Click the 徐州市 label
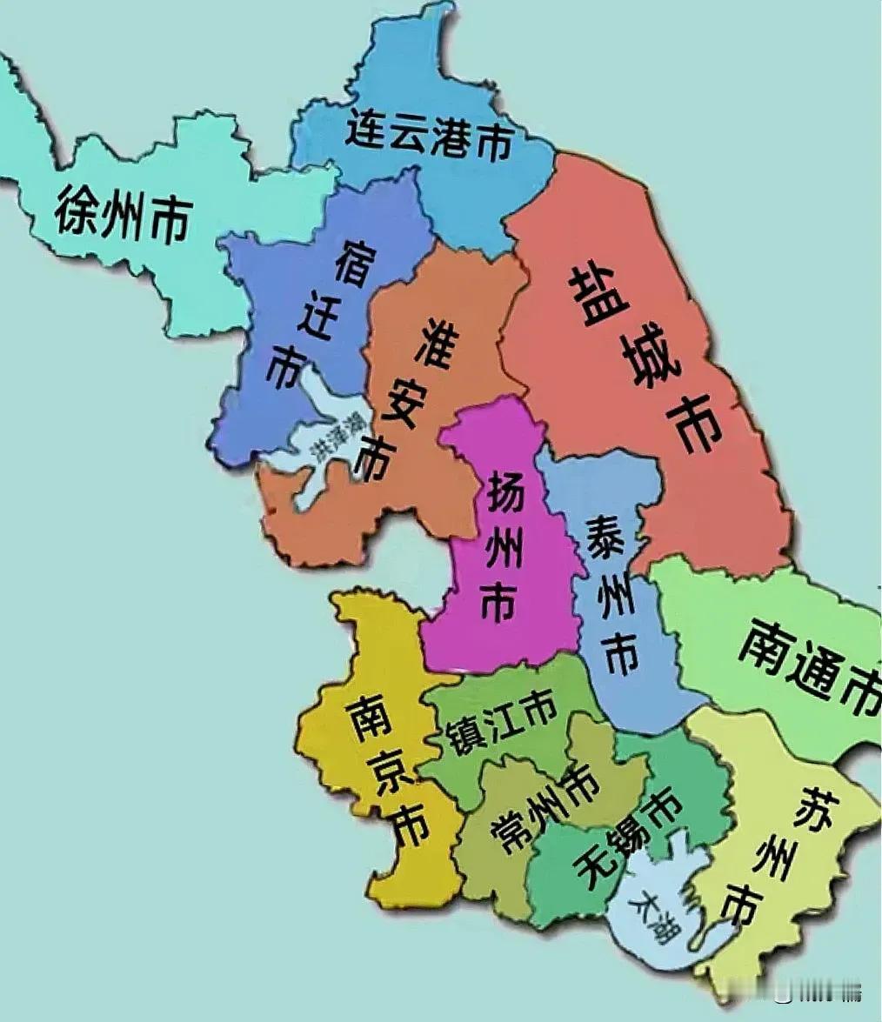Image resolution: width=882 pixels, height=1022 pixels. pyautogui.click(x=123, y=214)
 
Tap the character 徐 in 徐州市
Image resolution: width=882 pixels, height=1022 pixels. pyautogui.click(x=76, y=210)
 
